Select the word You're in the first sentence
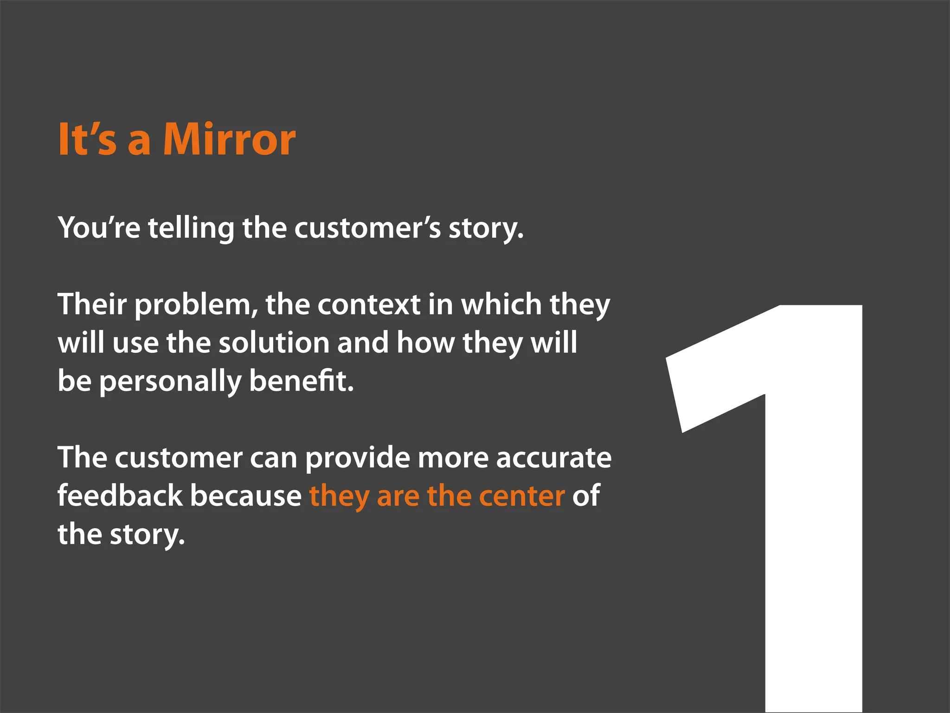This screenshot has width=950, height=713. point(99,228)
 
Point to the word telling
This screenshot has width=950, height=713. point(191,228)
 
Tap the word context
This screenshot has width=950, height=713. point(369,305)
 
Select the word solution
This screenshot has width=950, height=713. point(274,343)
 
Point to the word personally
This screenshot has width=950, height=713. point(170,381)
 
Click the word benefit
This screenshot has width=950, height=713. point(301,381)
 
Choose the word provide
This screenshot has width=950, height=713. point(357,458)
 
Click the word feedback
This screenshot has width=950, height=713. point(120,496)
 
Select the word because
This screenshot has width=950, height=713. point(246,496)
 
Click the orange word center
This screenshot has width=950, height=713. point(522,496)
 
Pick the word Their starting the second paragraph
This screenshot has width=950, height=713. point(92,305)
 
